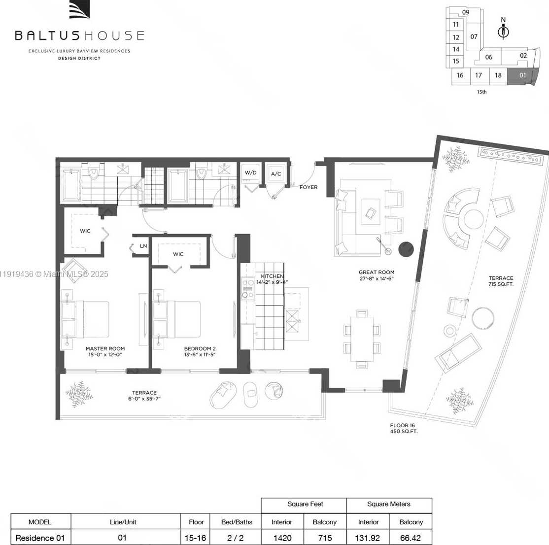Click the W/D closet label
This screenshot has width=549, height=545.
point(250,173)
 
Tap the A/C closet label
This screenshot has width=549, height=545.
point(275,174)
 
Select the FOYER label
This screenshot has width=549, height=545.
point(309,187)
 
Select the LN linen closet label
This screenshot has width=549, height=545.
point(143,246)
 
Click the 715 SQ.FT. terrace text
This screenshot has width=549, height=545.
point(501,284)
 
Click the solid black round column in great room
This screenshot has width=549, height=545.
point(407,249)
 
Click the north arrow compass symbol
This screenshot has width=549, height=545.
point(503,31)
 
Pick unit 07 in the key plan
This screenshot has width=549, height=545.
point(474,36)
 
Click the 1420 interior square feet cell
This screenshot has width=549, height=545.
point(282,538)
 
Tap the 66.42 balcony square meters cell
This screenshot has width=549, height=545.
point(411,538)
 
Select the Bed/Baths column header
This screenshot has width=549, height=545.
point(237,522)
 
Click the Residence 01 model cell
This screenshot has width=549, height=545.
point(40,538)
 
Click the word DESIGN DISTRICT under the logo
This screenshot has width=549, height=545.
point(79,58)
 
